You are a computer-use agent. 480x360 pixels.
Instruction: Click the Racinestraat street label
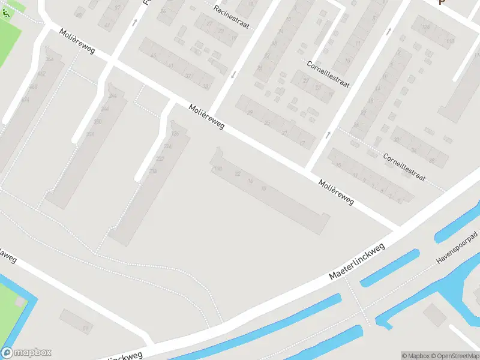pos(231,16)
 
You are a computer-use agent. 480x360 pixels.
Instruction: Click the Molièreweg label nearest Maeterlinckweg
pos(337,192)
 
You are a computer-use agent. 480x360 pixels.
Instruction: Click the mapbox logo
pos(26,353)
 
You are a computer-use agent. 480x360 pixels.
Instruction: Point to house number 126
pos(175,133)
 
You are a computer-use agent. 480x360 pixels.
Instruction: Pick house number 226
pos(167,146)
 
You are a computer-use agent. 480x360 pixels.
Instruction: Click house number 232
pos(160,159)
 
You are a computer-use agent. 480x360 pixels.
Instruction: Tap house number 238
pos(153,172)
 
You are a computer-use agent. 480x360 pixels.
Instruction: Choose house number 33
pos(206,86)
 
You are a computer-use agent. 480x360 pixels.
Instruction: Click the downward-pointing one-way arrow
pos(233,74)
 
